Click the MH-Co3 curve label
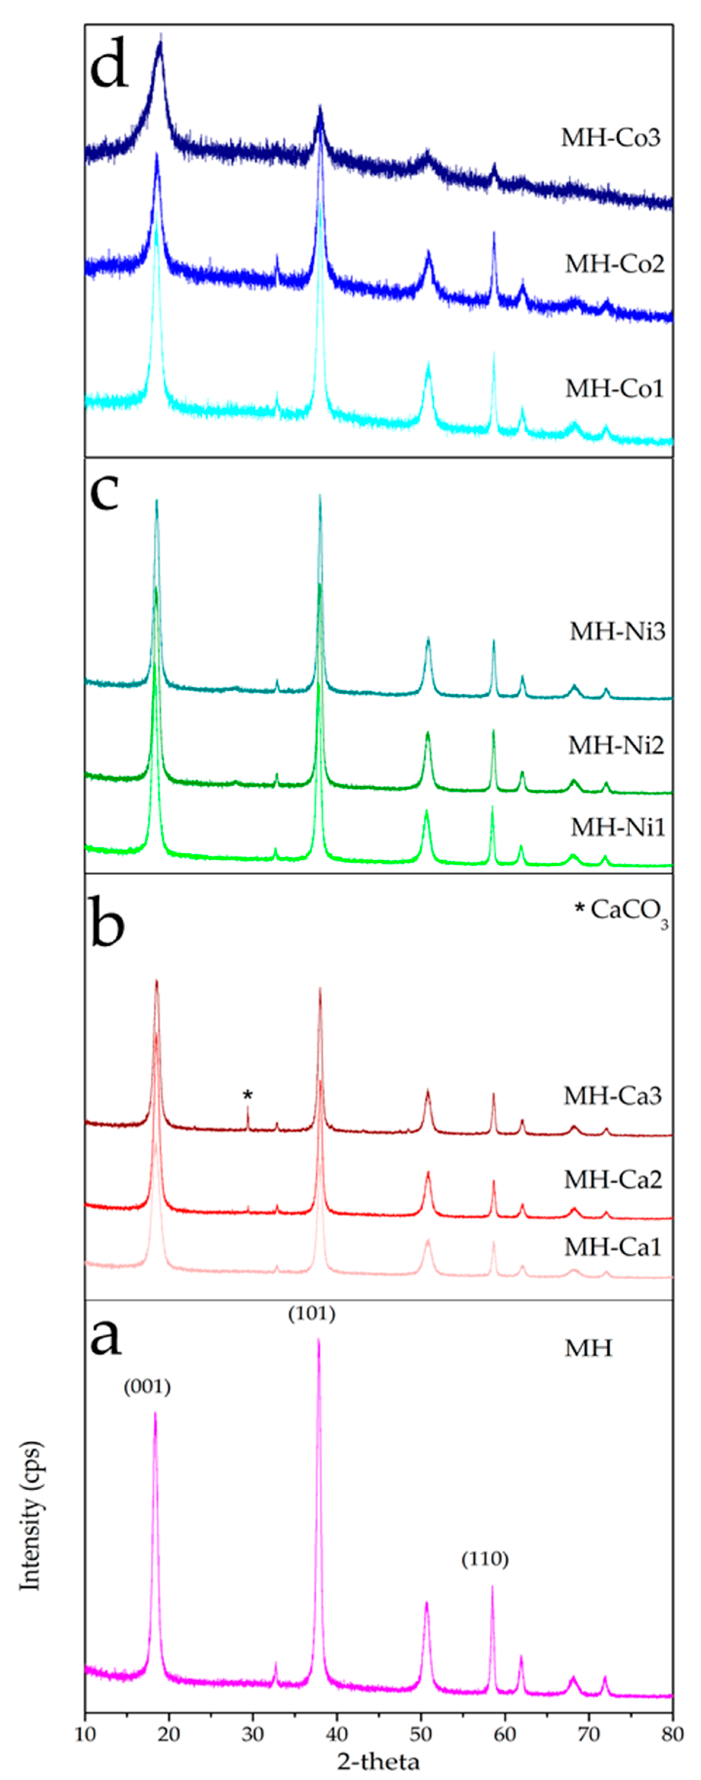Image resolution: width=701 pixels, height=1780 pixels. click(x=610, y=137)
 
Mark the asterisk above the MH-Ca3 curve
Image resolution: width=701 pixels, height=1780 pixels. click(x=248, y=1095)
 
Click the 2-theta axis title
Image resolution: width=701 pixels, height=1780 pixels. click(x=378, y=1761)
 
